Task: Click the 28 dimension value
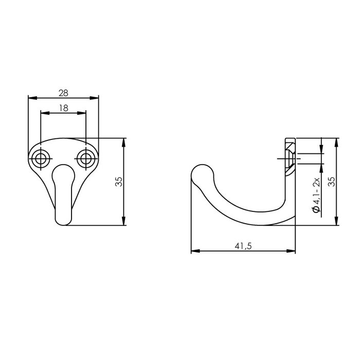click(x=63, y=93)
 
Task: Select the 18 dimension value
click(x=63, y=108)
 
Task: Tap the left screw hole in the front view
click(x=40, y=158)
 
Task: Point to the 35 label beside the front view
click(x=119, y=182)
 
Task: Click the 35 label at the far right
click(x=331, y=181)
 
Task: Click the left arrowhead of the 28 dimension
click(x=30, y=98)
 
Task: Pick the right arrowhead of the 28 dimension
click(x=95, y=98)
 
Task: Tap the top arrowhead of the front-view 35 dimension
click(x=124, y=141)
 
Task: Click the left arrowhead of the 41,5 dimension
click(x=194, y=251)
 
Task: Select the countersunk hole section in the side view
click(x=290, y=157)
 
